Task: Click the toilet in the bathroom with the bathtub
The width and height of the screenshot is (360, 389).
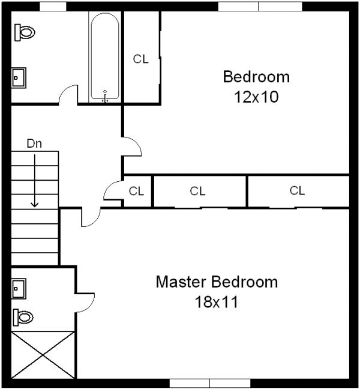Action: point(25,32)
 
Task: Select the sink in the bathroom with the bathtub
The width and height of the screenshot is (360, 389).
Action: point(19,77)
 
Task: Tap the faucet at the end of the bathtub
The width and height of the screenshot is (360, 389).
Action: point(106,95)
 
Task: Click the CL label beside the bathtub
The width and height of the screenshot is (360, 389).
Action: point(140,59)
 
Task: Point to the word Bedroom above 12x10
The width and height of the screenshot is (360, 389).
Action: point(256,77)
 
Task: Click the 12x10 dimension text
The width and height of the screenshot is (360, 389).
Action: point(256,97)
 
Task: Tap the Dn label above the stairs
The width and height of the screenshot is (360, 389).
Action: point(34,143)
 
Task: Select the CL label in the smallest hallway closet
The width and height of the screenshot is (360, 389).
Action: point(137,191)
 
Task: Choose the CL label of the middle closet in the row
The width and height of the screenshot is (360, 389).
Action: point(197,191)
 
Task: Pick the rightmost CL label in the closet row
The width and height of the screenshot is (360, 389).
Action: point(297,191)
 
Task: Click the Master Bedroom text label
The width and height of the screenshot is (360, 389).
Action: point(217,282)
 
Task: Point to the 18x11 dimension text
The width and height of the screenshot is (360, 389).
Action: point(217,302)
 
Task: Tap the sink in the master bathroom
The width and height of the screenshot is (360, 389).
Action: point(19,288)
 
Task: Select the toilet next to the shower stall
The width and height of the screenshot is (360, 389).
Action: point(23,316)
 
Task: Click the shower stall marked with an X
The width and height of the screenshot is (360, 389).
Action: point(43,354)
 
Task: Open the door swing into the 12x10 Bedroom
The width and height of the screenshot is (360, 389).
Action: point(132,147)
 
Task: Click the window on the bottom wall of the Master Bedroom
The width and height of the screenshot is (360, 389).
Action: point(209,383)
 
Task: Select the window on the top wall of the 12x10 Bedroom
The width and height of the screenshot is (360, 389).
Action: point(259,6)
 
